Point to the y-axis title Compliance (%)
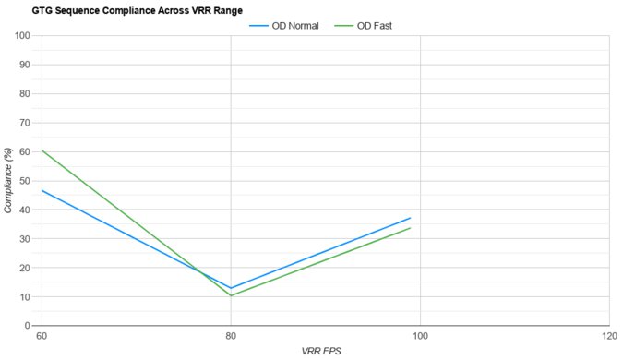[x=8, y=181]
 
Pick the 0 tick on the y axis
[x=29, y=326]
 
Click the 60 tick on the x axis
[x=42, y=336]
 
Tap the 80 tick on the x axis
[x=231, y=336]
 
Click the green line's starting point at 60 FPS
[x=42, y=150]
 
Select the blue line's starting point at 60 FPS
[x=42, y=190]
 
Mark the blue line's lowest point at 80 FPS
[x=231, y=288]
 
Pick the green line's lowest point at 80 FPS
[x=231, y=295]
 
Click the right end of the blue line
[x=411, y=218]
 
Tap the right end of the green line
[x=411, y=228]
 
